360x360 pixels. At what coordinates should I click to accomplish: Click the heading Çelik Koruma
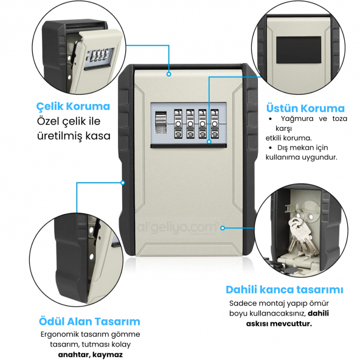[73, 106]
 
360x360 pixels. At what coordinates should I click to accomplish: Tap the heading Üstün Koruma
[305, 108]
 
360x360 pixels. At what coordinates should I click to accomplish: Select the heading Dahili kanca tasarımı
[285, 289]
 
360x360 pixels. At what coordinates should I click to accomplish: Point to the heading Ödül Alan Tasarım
[89, 322]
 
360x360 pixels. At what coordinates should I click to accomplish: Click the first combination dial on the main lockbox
[178, 124]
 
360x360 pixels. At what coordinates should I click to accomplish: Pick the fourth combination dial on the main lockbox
[215, 124]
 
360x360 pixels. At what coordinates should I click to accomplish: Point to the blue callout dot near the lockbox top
[169, 74]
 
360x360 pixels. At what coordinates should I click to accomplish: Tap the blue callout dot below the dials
[209, 142]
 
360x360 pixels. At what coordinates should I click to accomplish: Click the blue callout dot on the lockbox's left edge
[123, 183]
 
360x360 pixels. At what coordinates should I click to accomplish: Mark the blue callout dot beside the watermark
[223, 228]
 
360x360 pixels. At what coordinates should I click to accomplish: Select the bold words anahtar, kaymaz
[90, 355]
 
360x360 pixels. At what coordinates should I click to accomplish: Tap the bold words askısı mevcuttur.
[279, 324]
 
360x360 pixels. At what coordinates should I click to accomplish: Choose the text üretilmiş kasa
[74, 136]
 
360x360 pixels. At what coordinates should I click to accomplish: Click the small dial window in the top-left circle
[99, 56]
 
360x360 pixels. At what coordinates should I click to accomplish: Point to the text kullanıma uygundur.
[302, 157]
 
